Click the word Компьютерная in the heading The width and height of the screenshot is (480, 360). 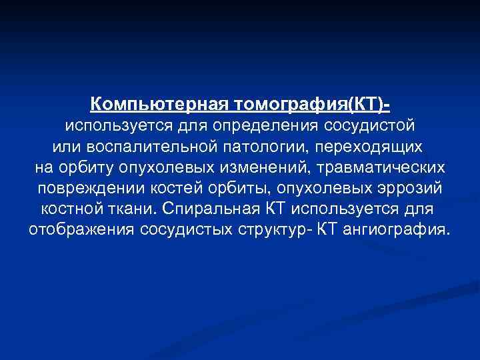click(x=159, y=105)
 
